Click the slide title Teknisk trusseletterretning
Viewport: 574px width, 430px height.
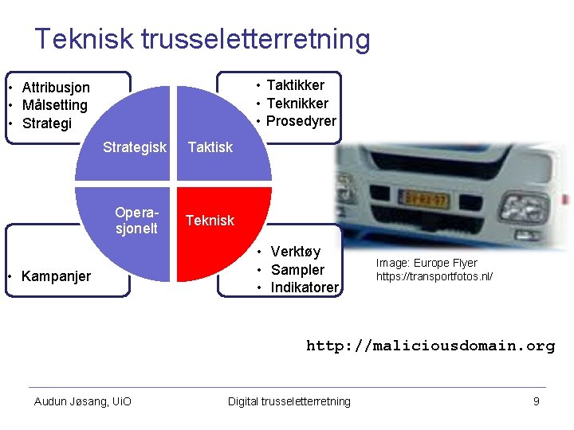tap(202, 39)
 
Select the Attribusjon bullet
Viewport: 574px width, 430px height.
tap(56, 88)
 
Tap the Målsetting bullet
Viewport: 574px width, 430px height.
tap(54, 106)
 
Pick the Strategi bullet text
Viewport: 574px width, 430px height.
tap(46, 124)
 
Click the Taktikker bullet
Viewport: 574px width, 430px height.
tap(295, 85)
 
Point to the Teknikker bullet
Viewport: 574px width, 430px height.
tap(297, 104)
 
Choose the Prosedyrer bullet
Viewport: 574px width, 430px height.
tap(301, 122)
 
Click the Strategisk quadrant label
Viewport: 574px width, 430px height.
tap(135, 147)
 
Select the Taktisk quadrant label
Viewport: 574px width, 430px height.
tap(210, 147)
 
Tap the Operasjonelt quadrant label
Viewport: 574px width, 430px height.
tap(136, 221)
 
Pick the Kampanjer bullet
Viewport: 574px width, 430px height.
tap(56, 276)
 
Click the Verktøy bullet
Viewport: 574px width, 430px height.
tap(295, 252)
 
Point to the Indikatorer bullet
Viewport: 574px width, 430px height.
tap(305, 287)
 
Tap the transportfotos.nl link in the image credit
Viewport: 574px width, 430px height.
tap(434, 277)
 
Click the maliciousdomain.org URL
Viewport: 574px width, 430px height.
tap(431, 346)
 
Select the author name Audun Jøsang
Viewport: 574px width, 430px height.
tap(83, 401)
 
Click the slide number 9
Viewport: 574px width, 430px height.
tap(537, 401)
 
